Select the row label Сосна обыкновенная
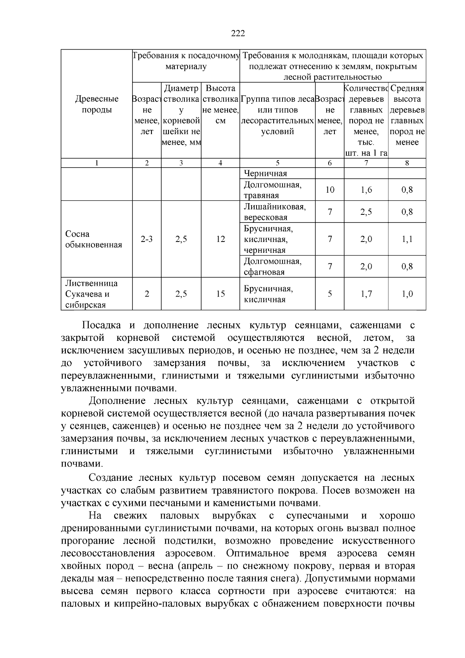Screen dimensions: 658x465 pyautogui.click(x=93, y=239)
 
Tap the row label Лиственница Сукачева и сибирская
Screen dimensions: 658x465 pyautogui.click(x=91, y=294)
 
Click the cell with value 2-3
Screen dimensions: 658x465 pyautogui.click(x=146, y=239)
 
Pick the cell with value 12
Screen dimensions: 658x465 pyautogui.click(x=220, y=239)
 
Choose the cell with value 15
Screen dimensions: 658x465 pyautogui.click(x=220, y=294)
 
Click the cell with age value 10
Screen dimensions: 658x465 pyautogui.click(x=330, y=190)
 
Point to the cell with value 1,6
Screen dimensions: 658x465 pyautogui.click(x=366, y=190)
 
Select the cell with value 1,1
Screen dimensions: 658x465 pyautogui.click(x=407, y=239)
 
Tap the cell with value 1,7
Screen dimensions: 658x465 pyautogui.click(x=366, y=294)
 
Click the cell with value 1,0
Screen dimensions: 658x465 pyautogui.click(x=407, y=294)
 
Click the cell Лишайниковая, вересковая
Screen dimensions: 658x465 pyautogui.click(x=274, y=212)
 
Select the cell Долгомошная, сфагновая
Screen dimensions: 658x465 pyautogui.click(x=272, y=266)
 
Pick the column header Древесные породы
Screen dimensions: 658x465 pyautogui.click(x=96, y=104)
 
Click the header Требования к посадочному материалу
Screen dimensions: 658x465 pyautogui.click(x=186, y=61)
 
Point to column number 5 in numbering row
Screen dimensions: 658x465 pyautogui.click(x=277, y=163)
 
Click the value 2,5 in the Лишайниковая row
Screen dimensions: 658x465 pyautogui.click(x=366, y=212)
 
